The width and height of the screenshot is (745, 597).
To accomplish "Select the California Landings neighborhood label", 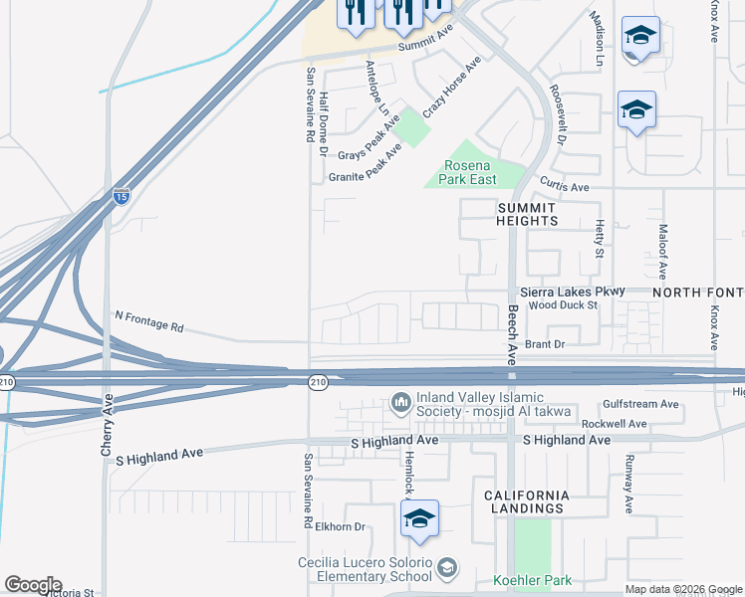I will tap(527, 501).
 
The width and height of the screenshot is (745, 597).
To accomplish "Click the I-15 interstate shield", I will tap(122, 196).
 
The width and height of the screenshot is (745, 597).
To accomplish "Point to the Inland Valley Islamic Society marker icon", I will tap(400, 402).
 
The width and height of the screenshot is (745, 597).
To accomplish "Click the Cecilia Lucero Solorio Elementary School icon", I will tap(447, 567).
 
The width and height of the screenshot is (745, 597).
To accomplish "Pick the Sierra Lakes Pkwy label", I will tap(573, 292).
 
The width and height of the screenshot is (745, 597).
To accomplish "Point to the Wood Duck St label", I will tap(563, 305).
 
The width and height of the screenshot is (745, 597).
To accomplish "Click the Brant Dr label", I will tap(545, 344).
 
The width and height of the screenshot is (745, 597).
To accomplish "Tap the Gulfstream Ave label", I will tap(641, 405).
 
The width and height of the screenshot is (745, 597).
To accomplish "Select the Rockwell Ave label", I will tap(614, 424).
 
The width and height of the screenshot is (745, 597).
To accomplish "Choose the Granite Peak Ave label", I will tap(366, 165).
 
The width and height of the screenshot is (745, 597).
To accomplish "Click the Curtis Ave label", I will tap(565, 187).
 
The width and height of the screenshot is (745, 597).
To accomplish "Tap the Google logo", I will tap(33, 585).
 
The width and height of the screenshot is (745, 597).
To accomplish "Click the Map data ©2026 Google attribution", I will tap(683, 589).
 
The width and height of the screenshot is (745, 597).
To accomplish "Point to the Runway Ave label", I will tap(628, 485).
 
